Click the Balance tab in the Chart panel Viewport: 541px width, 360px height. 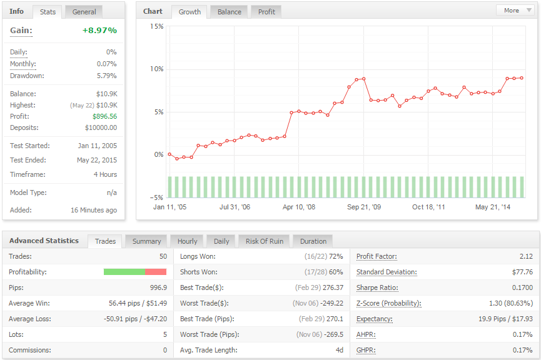coord(229,12)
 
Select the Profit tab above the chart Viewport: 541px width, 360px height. coord(266,12)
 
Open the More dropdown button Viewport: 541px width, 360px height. coord(515,11)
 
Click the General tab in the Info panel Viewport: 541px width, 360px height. coord(84,12)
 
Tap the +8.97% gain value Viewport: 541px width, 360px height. coord(99,31)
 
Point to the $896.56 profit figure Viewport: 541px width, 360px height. coord(104,116)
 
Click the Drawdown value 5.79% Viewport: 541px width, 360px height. coord(106,76)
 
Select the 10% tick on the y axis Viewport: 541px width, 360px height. coord(156,69)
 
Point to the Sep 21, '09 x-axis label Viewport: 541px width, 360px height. coord(364,207)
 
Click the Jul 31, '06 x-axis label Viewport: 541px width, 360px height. coord(235,207)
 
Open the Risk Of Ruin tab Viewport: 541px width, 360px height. coord(265,241)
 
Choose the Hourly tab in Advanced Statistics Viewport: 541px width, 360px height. coord(188,241)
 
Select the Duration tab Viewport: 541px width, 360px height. coord(313,241)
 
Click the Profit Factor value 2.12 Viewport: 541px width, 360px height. coord(526,256)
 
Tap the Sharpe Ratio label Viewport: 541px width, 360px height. coord(377,288)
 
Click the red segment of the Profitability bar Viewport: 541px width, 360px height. coord(156,272)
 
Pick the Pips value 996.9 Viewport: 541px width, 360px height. coord(158,287)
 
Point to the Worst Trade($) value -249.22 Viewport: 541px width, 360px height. coord(332,304)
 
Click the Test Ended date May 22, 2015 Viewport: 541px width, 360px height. coord(97,161)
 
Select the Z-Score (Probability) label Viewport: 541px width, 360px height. coord(389,304)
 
